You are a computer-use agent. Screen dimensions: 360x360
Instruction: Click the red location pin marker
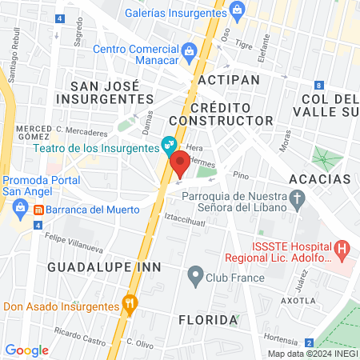180,164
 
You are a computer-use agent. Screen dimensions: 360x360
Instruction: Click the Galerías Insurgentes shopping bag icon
237,10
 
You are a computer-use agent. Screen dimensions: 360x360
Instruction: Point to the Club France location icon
194,277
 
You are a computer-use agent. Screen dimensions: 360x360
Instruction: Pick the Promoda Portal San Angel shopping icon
16,210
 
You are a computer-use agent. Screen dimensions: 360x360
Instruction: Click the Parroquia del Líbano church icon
298,199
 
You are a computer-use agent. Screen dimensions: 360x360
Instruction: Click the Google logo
26,350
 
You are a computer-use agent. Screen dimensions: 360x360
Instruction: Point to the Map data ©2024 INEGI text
312,354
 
